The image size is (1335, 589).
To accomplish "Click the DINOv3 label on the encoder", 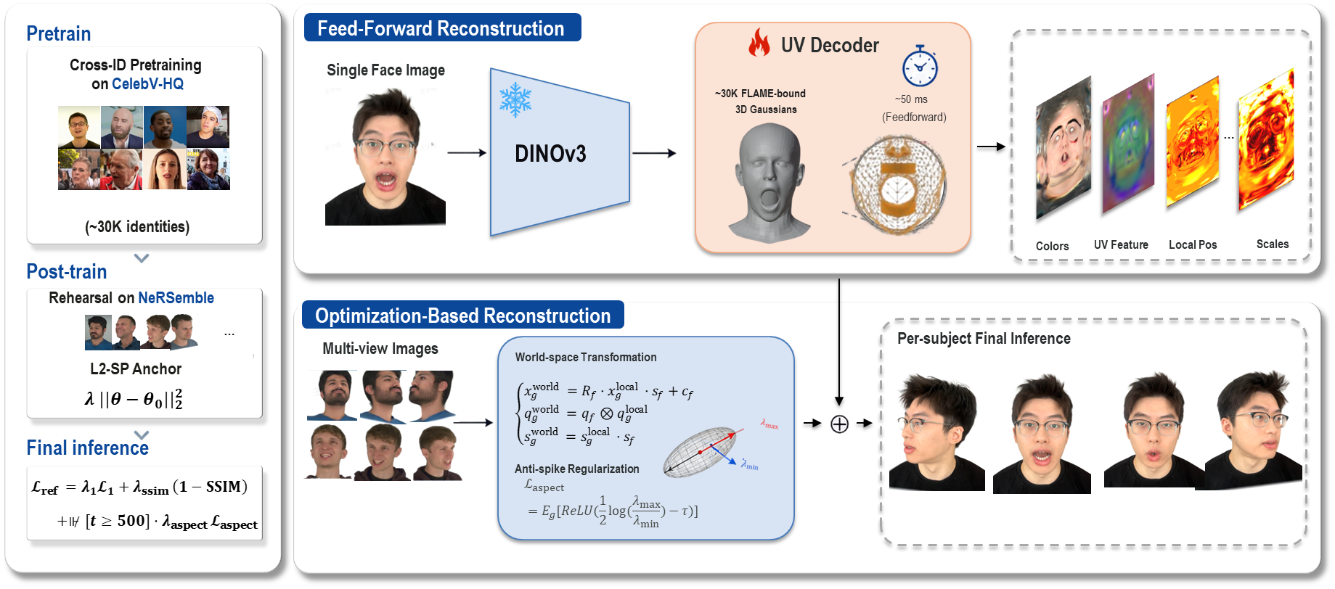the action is pos(550,154).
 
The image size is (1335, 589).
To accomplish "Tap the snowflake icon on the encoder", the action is pos(515,100).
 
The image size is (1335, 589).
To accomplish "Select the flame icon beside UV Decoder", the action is pos(759,44).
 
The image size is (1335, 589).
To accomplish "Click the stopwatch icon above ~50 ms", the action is pos(920,66).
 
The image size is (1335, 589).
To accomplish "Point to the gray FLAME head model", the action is pos(768,181).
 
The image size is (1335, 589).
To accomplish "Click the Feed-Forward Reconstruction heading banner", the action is pos(442,28).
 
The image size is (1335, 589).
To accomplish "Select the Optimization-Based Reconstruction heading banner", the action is pos(463,315).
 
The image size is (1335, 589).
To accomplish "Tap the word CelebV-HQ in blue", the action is pos(148,84).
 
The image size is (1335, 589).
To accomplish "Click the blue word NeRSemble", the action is pos(176,297).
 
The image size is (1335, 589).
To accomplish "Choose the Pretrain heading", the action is pos(58,33).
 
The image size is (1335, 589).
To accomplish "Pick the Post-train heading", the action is pos(67,271).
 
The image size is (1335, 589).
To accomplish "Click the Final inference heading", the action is pos(88,448).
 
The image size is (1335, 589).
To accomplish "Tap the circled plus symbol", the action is pos(839,424).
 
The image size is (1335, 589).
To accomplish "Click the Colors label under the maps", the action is pos(1052,246).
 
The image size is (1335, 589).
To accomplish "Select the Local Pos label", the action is pos(1193,244).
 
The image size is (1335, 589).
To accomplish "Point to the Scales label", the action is pos(1273,244).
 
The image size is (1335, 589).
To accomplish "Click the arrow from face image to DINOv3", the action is pos(467,152).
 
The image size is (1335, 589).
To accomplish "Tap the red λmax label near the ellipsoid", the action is pos(769,424).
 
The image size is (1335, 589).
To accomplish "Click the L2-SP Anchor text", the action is pos(136,368).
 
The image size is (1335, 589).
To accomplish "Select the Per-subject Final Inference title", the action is pos(984,339).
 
